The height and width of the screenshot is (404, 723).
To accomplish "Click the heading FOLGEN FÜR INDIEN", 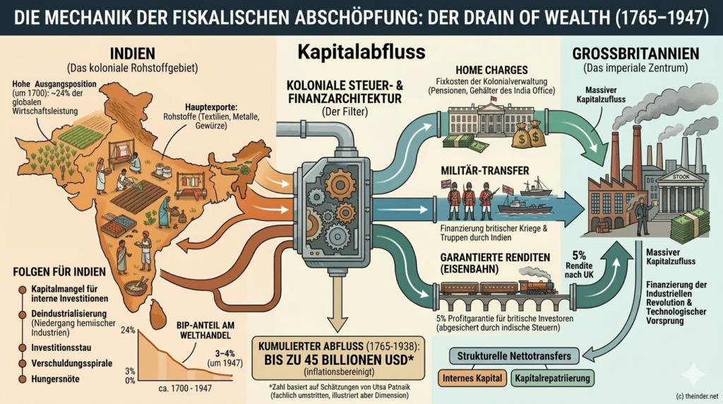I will tap(59, 271).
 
